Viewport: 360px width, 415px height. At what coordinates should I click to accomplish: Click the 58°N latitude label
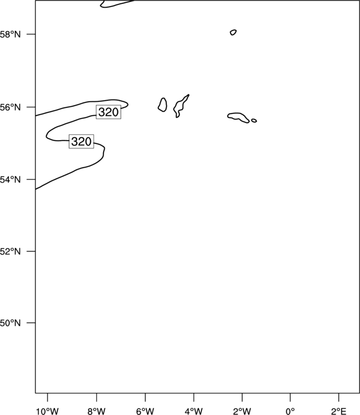[10, 34]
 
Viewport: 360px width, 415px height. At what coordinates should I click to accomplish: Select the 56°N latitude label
[10, 107]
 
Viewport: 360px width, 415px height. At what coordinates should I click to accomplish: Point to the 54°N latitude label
[10, 180]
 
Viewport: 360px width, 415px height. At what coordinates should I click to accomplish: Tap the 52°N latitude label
[10, 251]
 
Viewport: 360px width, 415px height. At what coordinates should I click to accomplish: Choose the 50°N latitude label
[10, 323]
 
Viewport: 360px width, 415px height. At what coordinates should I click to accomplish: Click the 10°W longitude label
[48, 411]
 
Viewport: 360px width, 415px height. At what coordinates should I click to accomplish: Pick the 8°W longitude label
[96, 411]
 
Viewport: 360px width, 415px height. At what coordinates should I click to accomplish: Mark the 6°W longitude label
[145, 411]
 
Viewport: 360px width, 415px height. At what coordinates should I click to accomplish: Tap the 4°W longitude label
[194, 411]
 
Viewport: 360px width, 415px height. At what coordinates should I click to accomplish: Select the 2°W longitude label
[242, 411]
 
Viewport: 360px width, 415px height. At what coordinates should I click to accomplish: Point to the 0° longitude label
[290, 411]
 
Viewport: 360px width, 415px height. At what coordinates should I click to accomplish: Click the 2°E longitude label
[338, 411]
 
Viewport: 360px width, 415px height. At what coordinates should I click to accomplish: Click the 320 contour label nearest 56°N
[109, 112]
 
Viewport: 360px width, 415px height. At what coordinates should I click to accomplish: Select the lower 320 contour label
[81, 141]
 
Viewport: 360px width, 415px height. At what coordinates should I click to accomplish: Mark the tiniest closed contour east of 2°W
[254, 119]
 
